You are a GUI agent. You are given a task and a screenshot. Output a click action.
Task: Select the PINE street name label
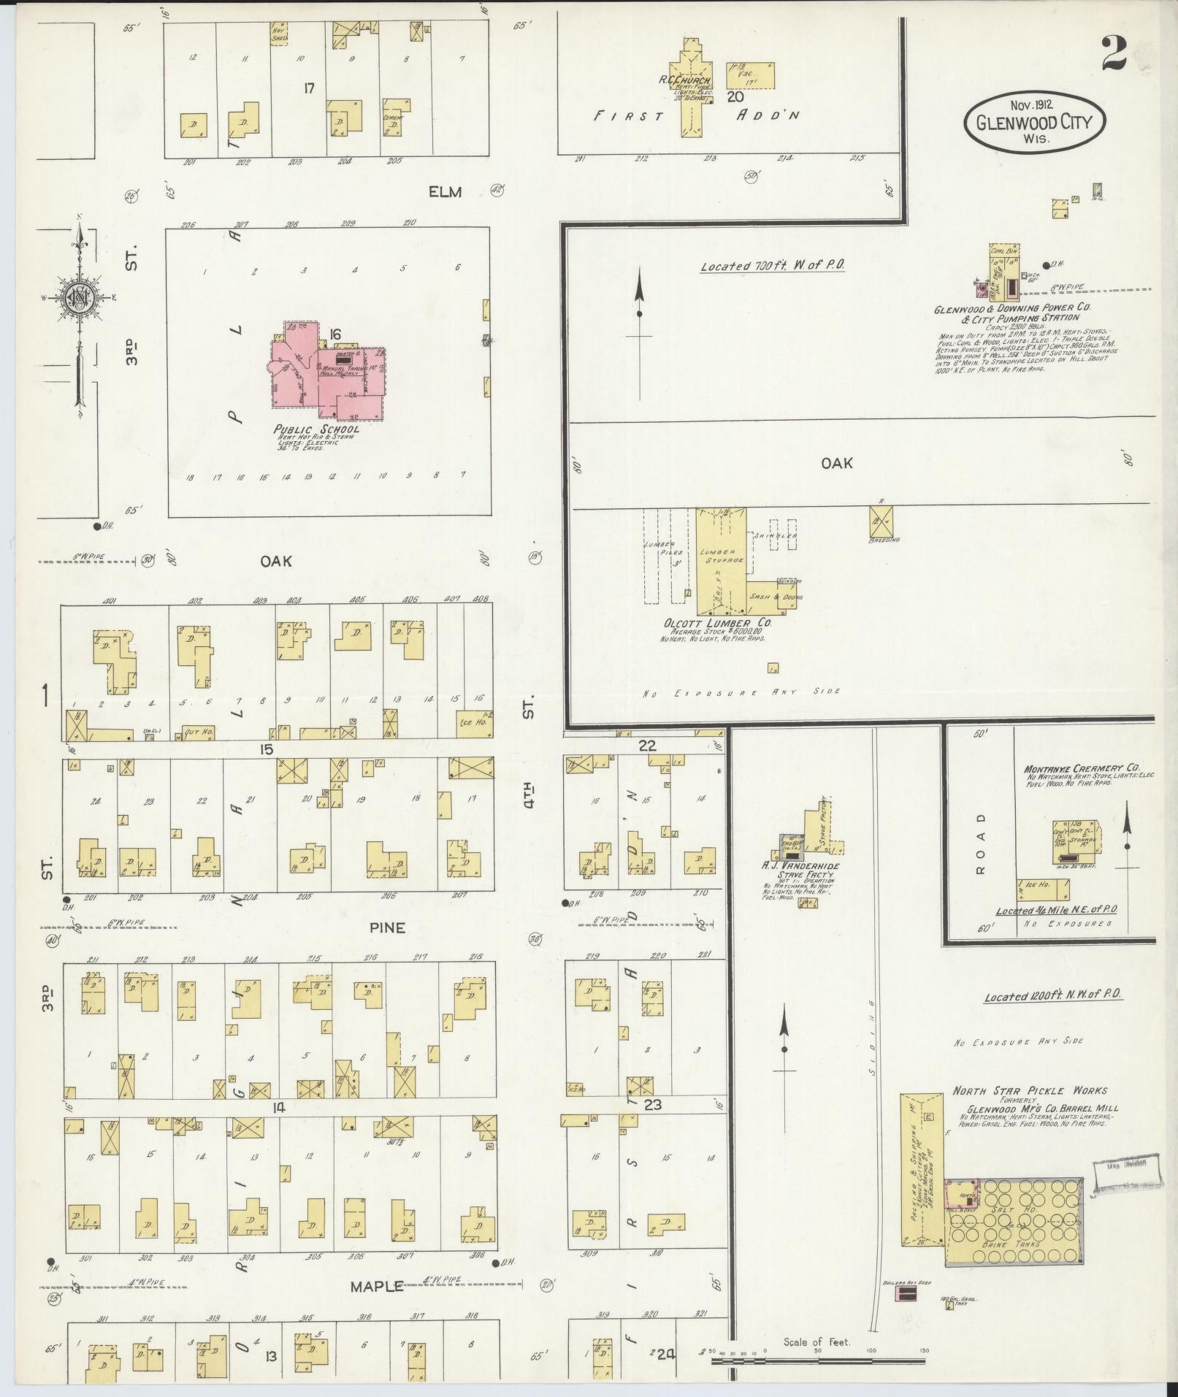pyautogui.click(x=387, y=927)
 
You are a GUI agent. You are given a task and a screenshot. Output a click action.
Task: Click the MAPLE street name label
pyautogui.click(x=377, y=1286)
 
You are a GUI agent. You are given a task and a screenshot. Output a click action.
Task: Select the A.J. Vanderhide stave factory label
pyautogui.click(x=800, y=866)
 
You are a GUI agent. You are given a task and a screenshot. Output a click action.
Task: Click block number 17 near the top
pyautogui.click(x=310, y=88)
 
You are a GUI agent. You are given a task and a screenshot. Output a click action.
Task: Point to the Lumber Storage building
pyautogui.click(x=721, y=559)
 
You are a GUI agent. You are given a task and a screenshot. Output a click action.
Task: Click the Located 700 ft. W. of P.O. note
pyautogui.click(x=772, y=266)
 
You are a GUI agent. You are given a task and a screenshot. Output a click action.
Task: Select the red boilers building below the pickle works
pyautogui.click(x=906, y=1293)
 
